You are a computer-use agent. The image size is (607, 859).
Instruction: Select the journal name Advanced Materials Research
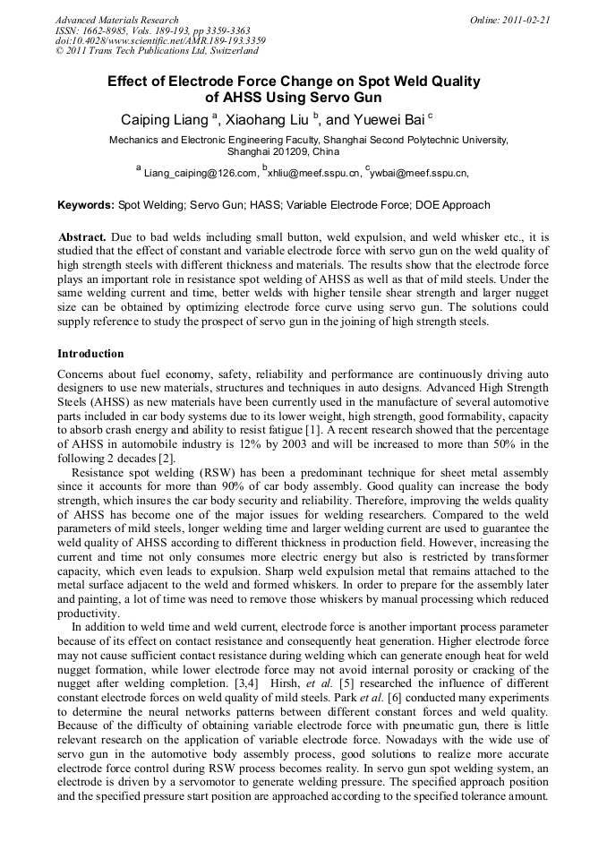coord(116,20)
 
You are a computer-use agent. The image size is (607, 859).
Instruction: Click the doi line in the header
coord(159,41)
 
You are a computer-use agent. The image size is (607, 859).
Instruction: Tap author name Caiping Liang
coord(159,119)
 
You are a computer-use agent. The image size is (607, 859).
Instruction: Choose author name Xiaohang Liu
coord(269,119)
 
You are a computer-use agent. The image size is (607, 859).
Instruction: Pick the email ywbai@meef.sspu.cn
coord(418,172)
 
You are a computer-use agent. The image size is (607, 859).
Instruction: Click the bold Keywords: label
coord(86,205)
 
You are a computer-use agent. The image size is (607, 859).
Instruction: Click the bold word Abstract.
coord(83,237)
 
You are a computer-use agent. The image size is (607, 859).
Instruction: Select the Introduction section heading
coord(90,354)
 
